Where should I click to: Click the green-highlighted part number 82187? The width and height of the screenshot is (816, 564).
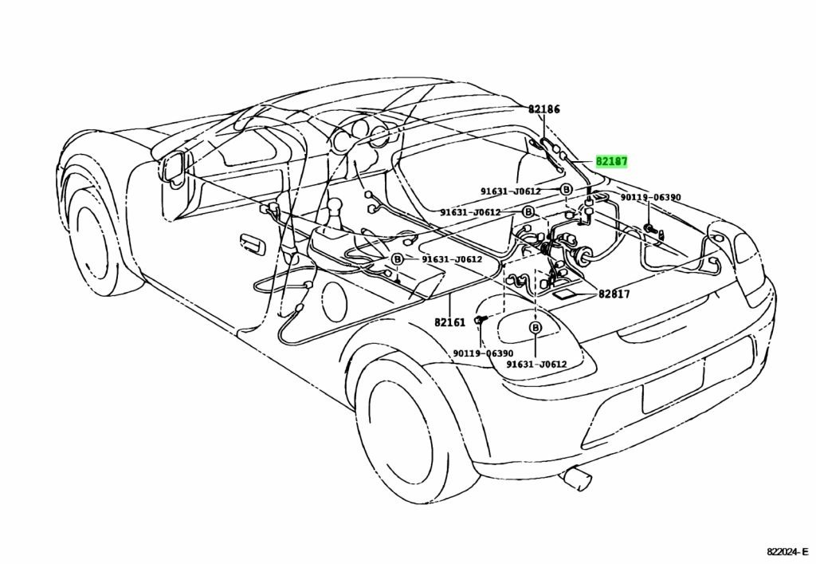click(611, 161)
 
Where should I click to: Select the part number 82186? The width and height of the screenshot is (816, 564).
click(543, 109)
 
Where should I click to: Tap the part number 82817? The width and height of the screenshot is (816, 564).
click(614, 294)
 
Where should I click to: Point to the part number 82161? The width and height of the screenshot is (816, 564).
click(449, 322)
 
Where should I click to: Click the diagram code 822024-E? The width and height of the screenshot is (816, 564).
click(787, 551)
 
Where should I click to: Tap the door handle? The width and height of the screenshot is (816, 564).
click(252, 245)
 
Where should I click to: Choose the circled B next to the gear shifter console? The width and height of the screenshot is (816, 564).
click(397, 258)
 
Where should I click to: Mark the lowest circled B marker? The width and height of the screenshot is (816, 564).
click(535, 328)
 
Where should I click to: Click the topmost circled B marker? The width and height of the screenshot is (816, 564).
click(567, 190)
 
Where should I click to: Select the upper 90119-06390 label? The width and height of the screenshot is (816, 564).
click(650, 197)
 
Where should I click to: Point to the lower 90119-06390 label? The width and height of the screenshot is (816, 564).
click(483, 353)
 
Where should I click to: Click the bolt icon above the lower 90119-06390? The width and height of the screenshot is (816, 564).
click(480, 319)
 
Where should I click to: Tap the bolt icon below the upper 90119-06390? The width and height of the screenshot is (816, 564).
click(650, 228)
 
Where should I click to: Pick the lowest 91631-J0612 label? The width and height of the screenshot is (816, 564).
click(536, 364)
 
